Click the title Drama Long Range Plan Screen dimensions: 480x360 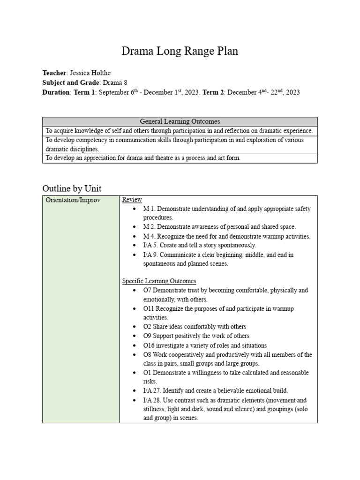click(180, 52)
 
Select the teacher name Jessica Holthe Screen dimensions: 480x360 click(90, 73)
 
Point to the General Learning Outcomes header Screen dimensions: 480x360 click(180, 121)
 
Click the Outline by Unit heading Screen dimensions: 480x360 click(72, 188)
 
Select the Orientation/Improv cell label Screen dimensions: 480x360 click(73, 200)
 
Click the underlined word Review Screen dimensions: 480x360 click(132, 200)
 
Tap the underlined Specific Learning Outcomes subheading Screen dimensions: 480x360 click(159, 281)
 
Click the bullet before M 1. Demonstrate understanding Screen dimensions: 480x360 click(135, 209)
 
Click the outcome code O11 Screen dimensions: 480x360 click(150, 309)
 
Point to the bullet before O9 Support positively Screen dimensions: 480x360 click(135, 336)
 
